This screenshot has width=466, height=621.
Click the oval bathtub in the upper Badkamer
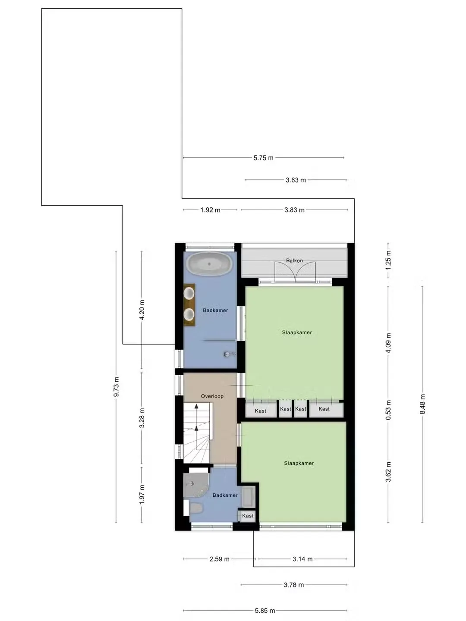point(209,264)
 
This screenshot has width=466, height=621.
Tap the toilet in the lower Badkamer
point(195,508)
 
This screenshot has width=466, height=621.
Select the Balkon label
point(294,260)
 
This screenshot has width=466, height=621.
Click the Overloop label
point(212,396)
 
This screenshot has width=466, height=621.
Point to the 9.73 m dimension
point(116,387)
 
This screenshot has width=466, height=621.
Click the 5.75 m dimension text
point(263,158)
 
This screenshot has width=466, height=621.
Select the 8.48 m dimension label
point(422,404)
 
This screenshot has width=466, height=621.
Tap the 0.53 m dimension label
point(388,410)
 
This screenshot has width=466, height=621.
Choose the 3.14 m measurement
point(302,559)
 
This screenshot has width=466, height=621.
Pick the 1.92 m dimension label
point(210,210)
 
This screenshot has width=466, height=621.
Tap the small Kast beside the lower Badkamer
point(248,516)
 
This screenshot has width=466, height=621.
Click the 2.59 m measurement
point(219,559)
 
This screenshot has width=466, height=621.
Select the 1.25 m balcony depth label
point(388,260)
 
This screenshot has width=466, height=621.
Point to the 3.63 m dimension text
point(296,180)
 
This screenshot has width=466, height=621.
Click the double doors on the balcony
point(295,272)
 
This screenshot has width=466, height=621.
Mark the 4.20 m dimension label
point(142,310)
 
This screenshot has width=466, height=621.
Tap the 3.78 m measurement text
point(294,585)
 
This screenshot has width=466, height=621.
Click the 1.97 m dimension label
point(142,494)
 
